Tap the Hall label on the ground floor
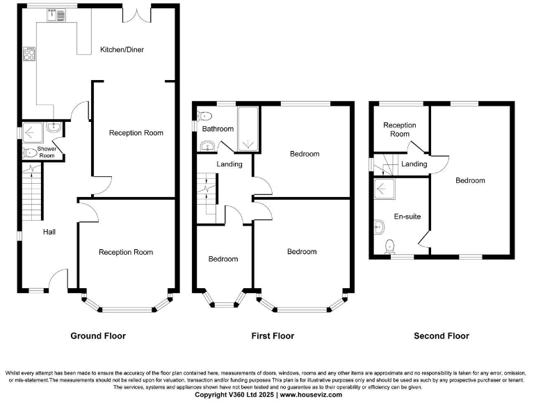tap(49, 232)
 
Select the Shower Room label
tap(46, 152)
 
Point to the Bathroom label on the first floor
tap(218, 129)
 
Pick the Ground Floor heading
tap(98, 336)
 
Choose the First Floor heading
tap(273, 336)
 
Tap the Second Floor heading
tap(441, 336)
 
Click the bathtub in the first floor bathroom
tap(247, 129)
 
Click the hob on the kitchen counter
tap(30, 54)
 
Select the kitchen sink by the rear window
tap(54, 13)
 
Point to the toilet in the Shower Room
tap(31, 152)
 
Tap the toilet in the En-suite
tap(390, 246)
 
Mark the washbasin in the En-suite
tap(379, 227)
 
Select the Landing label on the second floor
tap(414, 164)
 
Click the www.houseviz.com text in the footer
tap(313, 395)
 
